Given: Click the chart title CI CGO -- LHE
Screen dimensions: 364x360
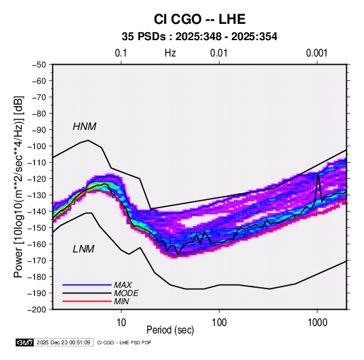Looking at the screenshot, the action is pos(199,19).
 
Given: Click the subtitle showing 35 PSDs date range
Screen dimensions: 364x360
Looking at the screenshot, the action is pos(199,37).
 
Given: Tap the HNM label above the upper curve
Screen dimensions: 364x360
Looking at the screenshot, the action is pos(84,127).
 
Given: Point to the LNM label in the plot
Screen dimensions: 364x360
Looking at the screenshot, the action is pos(84,249).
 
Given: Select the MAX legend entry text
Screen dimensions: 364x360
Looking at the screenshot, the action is pos(122,285).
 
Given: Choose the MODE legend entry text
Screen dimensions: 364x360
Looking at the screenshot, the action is pos(126,293).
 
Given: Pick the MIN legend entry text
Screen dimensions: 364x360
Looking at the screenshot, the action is pos(121,301).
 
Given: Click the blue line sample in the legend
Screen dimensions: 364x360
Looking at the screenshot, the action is pos(87,284).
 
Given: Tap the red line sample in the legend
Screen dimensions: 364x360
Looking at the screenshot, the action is pos(87,301).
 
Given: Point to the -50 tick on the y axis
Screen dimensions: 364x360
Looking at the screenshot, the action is pos(39,65).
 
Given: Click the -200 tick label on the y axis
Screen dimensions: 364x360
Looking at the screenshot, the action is pos(37,310).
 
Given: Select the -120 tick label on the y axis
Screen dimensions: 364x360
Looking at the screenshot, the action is pos(37,179).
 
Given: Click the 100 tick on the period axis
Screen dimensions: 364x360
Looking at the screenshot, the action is pos(219,323).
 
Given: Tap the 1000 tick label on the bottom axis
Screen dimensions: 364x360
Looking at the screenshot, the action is pos(317,323).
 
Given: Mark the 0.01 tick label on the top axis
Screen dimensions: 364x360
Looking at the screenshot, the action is pos(218,53).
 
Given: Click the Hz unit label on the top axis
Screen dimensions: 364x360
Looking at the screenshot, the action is pos(170,53).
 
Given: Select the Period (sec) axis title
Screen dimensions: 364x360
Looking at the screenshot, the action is pos(170,330).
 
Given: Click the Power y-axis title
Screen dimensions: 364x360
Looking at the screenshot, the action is pos(18,186).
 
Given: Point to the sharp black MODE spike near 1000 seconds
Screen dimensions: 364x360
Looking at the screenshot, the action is pos(318,175).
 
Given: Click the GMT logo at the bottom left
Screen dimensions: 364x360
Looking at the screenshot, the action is pos(25,342).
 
